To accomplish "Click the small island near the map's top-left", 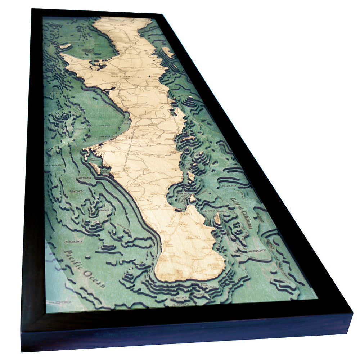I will (x=65, y=46).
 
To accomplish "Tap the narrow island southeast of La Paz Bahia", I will (x=217, y=218).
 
